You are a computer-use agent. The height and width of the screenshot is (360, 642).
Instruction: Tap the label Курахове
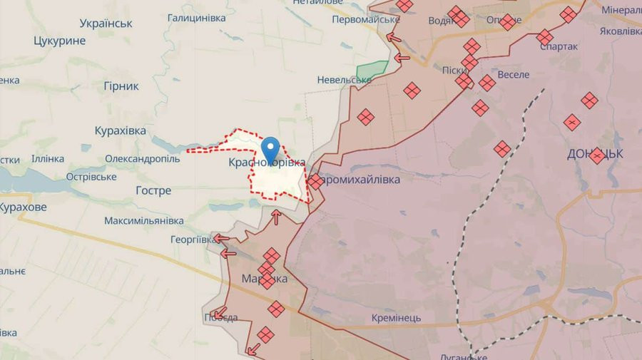[x=23, y=207]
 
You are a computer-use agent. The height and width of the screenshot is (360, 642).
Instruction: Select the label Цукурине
[x=59, y=41]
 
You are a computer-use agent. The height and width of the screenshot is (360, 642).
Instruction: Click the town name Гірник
[x=121, y=86]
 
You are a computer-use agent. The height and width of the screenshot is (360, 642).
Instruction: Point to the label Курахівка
[x=120, y=130]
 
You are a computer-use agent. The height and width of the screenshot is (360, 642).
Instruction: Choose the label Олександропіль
[x=142, y=158]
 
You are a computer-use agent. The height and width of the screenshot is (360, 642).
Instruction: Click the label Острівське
[x=91, y=176]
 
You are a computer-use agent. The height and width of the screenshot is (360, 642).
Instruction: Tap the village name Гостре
[x=153, y=190]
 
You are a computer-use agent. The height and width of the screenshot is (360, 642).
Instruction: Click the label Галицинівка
[x=196, y=17]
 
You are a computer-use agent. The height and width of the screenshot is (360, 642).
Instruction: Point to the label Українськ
[x=106, y=23]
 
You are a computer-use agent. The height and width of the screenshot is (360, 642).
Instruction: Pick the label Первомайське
[x=366, y=19]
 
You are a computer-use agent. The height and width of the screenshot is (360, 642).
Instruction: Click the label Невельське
[x=345, y=80]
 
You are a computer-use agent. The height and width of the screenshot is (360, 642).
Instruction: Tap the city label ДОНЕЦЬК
[x=596, y=153]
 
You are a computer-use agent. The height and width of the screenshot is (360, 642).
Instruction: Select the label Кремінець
[x=396, y=317]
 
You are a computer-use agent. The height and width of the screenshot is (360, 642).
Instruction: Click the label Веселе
[x=513, y=74]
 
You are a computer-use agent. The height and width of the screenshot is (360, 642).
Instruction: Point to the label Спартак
[x=560, y=46]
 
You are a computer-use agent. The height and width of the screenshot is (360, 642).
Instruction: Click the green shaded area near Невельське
[x=371, y=71]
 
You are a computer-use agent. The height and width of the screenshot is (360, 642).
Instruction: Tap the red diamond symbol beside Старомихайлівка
[x=315, y=182]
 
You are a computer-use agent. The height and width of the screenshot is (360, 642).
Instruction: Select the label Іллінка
[x=47, y=158]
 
